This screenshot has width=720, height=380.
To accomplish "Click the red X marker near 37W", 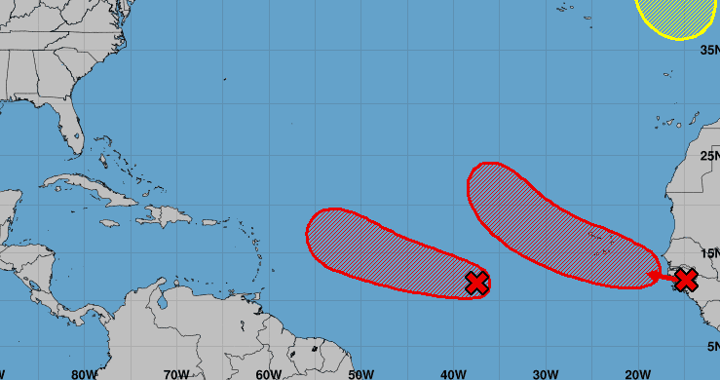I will pos(476,283).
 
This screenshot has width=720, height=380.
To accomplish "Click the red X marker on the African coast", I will pos(686,281).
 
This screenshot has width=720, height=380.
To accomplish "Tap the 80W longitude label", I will pos(84,373).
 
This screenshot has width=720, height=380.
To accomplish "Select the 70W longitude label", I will pos(176,373).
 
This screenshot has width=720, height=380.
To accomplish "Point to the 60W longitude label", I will pos(269,373).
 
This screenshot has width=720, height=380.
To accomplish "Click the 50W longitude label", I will pos(361,373).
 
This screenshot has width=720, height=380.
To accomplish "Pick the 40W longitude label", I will pos(453,373).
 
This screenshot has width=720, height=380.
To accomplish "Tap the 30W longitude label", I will pos(546,373).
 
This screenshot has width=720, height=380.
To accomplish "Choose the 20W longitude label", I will pos(638,373).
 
